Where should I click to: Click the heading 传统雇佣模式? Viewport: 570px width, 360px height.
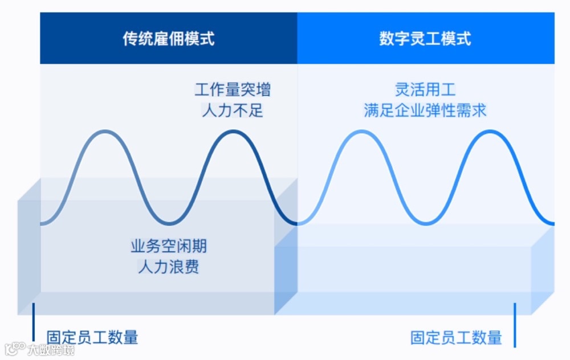[169, 39]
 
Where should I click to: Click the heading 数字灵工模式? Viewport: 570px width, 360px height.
[425, 39]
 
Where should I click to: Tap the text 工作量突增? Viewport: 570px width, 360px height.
[233, 90]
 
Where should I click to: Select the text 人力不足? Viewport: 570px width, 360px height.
[233, 110]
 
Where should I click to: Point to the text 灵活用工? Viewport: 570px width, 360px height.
[425, 90]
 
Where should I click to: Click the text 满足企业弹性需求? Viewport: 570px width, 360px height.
[425, 110]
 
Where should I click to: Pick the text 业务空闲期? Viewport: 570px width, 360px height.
[169, 247]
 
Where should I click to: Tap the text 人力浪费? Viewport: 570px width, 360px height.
[169, 266]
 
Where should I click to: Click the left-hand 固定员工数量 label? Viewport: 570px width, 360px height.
[92, 337]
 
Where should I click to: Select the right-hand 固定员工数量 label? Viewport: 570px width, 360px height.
[456, 337]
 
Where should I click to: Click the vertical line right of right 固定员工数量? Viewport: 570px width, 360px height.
[515, 325]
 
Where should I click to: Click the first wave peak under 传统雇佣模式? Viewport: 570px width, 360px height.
[104, 132]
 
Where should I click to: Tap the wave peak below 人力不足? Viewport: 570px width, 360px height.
[233, 132]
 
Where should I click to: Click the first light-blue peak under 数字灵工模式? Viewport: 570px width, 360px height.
[361, 132]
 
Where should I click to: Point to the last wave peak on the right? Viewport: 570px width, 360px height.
[490, 132]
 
